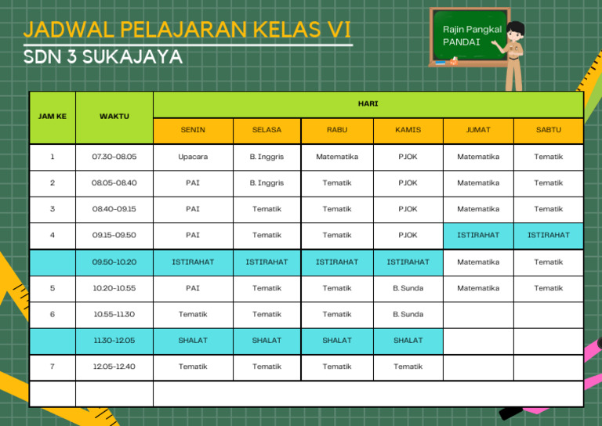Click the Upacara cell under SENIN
(193, 157)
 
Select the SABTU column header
(548, 130)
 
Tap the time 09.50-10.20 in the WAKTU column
(114, 262)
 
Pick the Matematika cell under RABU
(337, 157)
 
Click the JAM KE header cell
(52, 116)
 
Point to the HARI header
(368, 103)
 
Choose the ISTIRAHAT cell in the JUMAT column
(478, 235)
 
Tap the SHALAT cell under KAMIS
(408, 341)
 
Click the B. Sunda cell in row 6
(408, 314)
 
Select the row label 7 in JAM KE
(52, 366)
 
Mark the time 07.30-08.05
(114, 157)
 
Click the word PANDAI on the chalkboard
(461, 42)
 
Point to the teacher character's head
(516, 32)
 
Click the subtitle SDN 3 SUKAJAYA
(103, 57)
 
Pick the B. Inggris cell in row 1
(267, 157)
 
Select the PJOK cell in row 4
(408, 235)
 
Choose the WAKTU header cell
(114, 116)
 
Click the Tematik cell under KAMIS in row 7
(408, 366)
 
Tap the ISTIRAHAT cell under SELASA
(267, 262)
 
